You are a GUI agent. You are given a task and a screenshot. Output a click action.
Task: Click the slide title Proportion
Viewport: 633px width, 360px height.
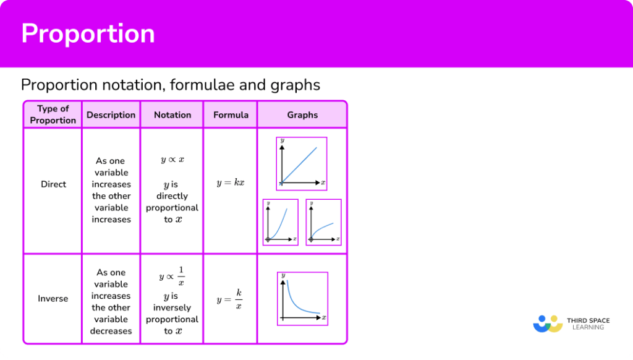click(x=88, y=33)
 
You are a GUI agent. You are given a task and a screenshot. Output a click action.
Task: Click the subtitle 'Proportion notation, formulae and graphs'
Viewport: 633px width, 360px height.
click(x=171, y=84)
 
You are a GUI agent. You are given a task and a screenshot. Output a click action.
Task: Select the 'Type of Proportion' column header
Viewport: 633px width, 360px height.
click(x=53, y=114)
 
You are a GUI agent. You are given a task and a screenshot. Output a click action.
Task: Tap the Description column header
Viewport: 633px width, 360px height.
click(x=111, y=115)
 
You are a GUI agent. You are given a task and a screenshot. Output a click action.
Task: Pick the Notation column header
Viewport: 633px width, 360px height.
click(x=172, y=115)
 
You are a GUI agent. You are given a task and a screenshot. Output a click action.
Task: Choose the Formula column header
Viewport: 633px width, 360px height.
click(x=231, y=115)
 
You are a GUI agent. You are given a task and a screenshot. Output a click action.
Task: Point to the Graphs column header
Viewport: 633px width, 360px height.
click(x=302, y=115)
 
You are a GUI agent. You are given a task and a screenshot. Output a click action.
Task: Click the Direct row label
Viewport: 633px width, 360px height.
click(x=53, y=184)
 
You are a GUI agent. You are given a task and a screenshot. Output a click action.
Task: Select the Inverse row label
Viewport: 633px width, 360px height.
click(x=53, y=299)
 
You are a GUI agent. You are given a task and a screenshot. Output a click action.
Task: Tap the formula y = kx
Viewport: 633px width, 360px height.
click(x=231, y=183)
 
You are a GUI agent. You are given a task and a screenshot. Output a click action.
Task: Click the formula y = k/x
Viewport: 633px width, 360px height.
click(x=230, y=299)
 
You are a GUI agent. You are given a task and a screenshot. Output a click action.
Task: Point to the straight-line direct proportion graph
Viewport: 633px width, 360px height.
click(x=302, y=164)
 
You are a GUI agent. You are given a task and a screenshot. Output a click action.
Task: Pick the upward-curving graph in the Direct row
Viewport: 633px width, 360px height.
click(x=280, y=222)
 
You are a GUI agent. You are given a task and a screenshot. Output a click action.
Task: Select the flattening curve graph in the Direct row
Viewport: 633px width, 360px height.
click(x=323, y=222)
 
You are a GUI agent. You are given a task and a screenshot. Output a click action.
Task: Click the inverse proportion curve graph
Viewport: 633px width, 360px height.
click(x=302, y=299)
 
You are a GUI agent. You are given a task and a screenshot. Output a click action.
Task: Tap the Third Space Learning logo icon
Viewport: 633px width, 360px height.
click(x=547, y=324)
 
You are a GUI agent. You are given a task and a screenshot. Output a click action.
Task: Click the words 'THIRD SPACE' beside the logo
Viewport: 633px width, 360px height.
click(x=588, y=320)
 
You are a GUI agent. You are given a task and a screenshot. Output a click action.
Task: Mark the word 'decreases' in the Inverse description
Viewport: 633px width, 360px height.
click(x=111, y=331)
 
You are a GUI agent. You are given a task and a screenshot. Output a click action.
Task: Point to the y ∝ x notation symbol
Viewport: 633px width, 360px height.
click(x=172, y=160)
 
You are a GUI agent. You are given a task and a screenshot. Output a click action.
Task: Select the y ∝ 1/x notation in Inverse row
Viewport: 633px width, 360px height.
click(x=172, y=276)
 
